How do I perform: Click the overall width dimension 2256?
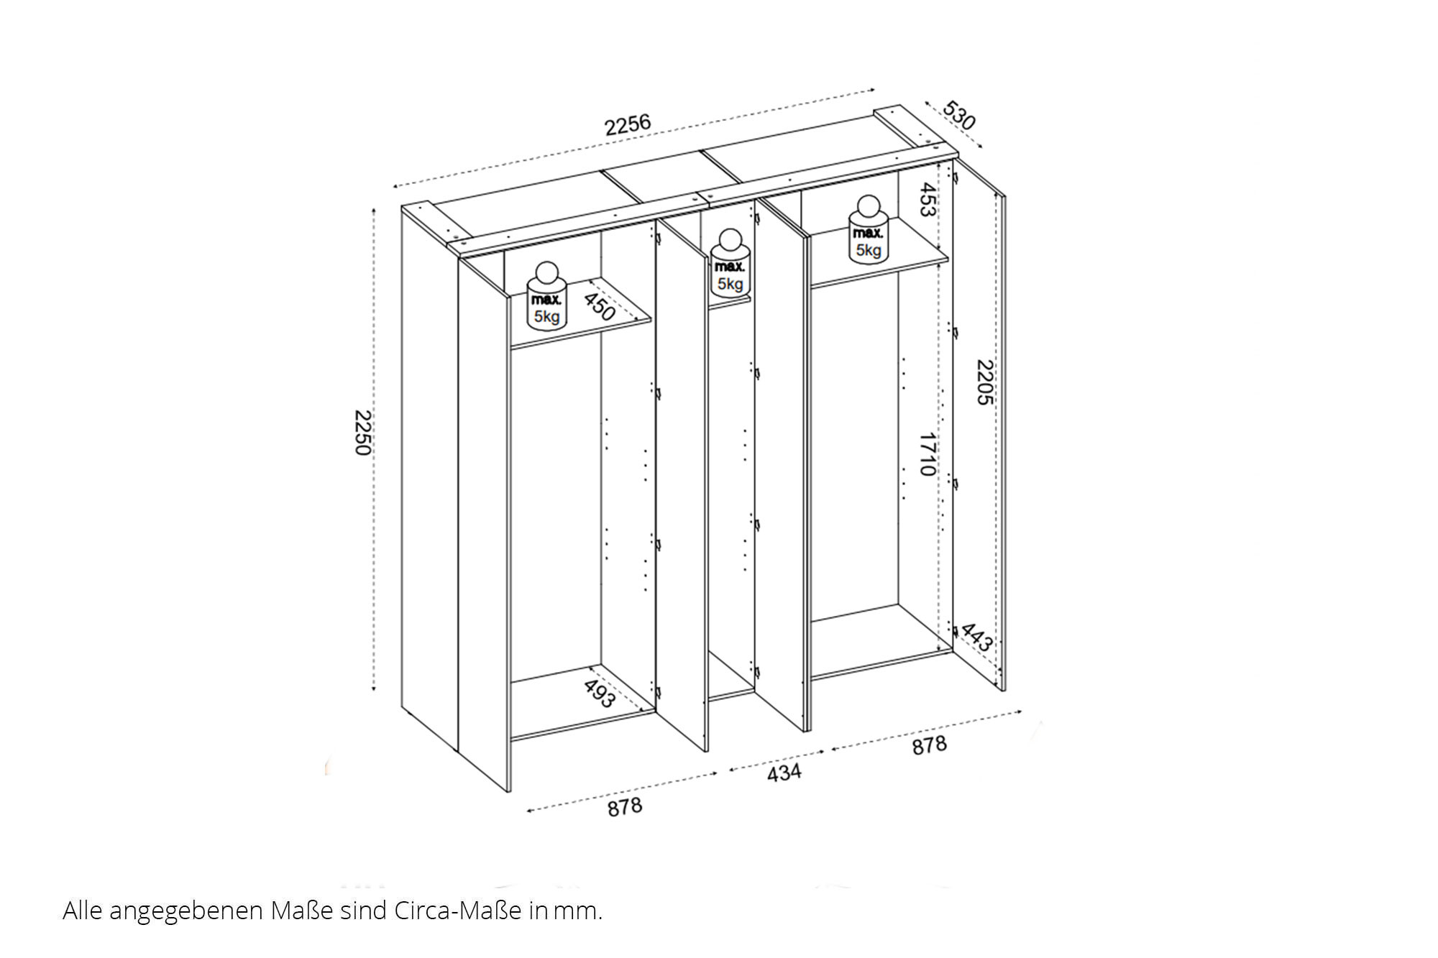point(628,124)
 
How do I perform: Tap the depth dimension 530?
point(958,116)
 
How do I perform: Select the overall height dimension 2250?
point(362,433)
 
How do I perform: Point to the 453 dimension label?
point(928,200)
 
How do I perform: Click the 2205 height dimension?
point(984,382)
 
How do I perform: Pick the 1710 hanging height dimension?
point(928,454)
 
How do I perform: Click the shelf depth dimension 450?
point(599,306)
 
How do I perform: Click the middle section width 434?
point(784,773)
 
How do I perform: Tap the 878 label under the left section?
point(625,807)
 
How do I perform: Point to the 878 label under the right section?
point(929,745)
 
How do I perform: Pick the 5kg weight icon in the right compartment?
point(869,229)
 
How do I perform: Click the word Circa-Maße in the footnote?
point(457,911)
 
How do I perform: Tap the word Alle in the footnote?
point(83,911)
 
